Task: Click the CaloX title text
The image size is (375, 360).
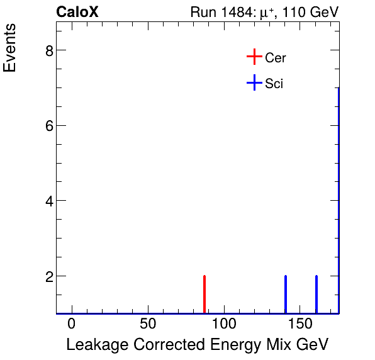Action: (x=77, y=12)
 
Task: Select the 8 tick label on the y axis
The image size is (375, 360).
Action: (x=48, y=50)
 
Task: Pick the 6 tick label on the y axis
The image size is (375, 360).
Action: (x=48, y=126)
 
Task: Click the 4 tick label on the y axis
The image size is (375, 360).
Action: (x=48, y=201)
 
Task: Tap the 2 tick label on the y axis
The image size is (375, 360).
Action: (x=48, y=276)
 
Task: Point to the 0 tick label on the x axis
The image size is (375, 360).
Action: (x=72, y=324)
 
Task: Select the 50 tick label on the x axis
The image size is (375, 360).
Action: (x=147, y=324)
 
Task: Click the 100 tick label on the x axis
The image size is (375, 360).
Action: (x=223, y=324)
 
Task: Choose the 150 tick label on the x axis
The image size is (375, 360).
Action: (x=299, y=324)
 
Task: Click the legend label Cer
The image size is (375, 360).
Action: (x=276, y=58)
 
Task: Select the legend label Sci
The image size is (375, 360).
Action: (x=274, y=83)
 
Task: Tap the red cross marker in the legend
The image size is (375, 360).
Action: (x=254, y=57)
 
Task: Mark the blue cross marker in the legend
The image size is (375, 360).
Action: (x=254, y=82)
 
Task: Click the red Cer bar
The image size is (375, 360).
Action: (x=204, y=295)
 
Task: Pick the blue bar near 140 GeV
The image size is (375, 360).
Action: (x=286, y=295)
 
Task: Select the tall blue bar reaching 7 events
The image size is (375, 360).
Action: (x=339, y=201)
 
